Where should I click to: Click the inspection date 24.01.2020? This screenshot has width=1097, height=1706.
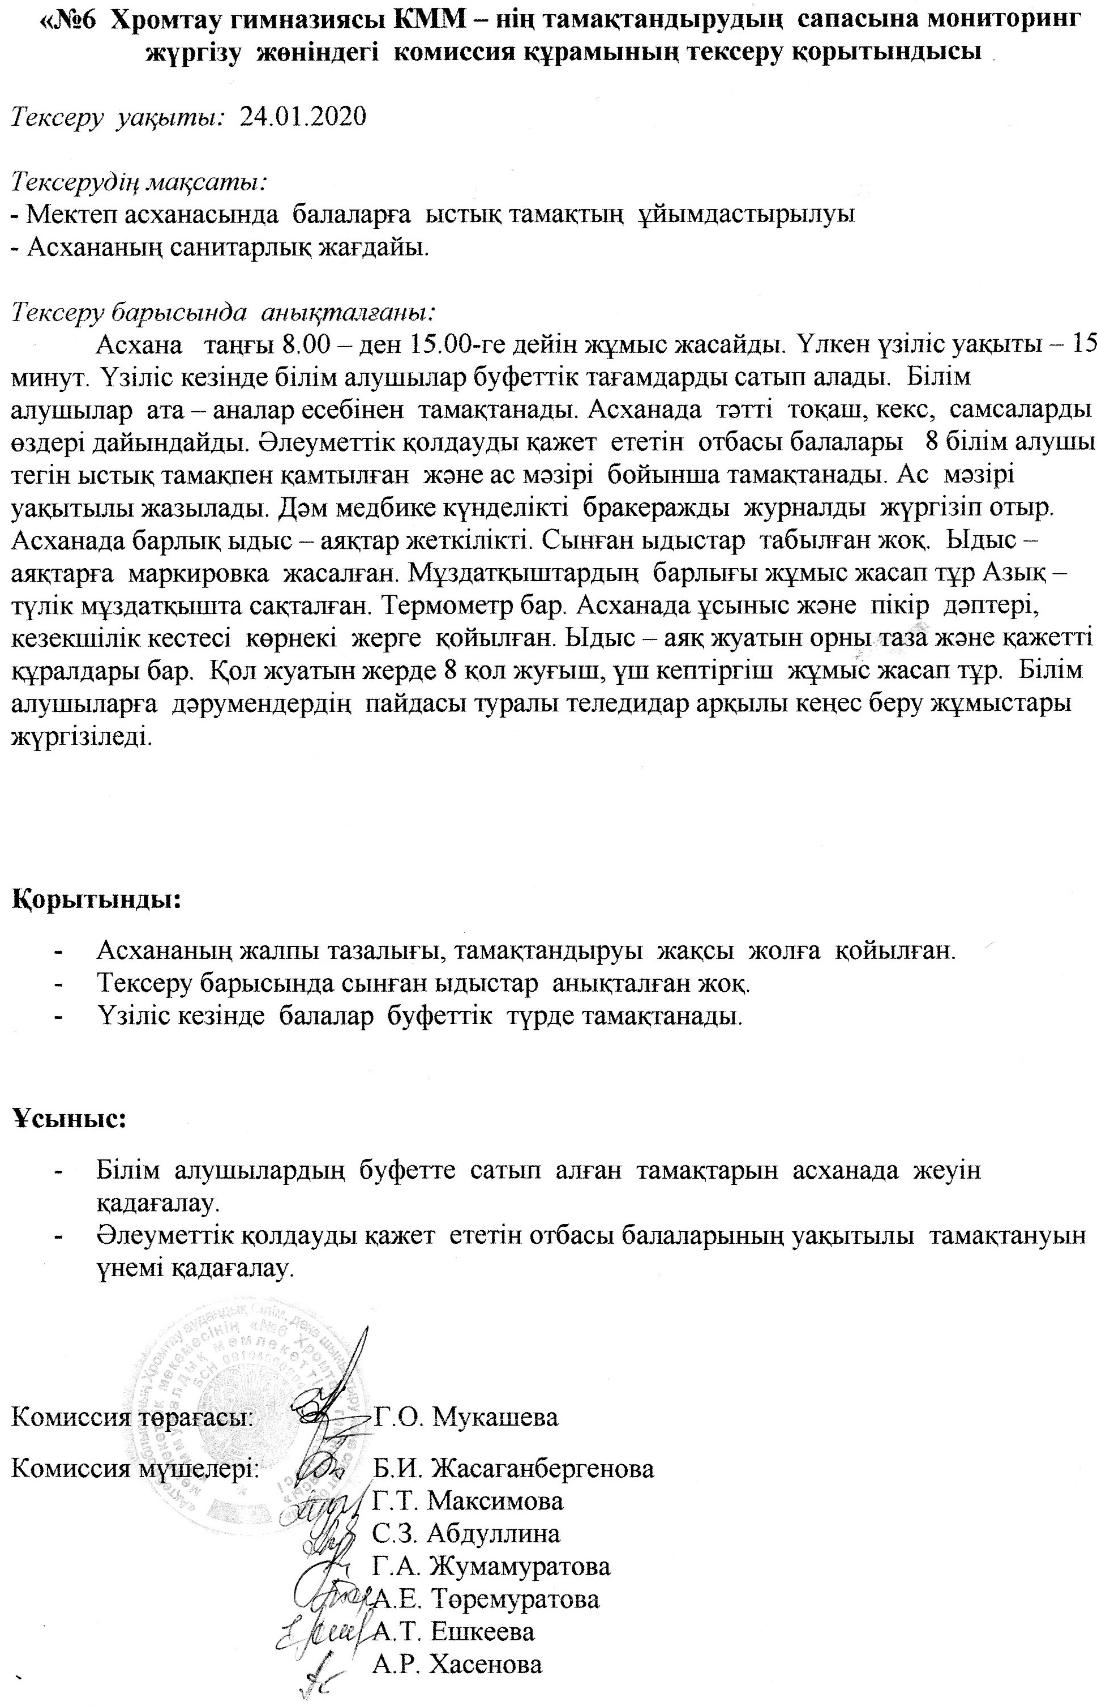[x=303, y=116]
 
